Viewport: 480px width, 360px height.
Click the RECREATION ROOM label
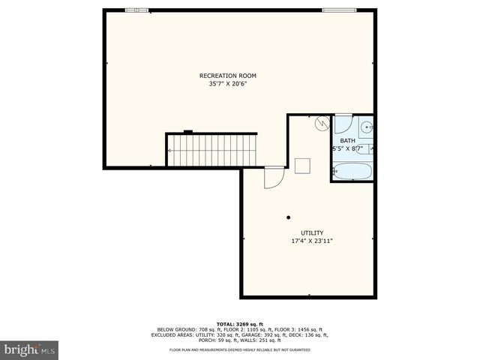tap(228, 76)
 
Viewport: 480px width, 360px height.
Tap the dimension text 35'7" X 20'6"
tap(228, 84)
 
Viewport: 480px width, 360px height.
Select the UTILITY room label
tap(312, 233)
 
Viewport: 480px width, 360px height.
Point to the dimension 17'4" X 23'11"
tap(312, 241)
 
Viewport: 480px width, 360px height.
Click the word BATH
tap(348, 141)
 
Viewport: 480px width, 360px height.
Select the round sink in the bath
tap(367, 127)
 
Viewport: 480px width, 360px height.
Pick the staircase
tap(211, 150)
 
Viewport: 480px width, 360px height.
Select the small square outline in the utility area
tap(303, 166)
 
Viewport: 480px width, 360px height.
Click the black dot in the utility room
tap(288, 217)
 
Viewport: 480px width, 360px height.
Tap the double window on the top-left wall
tap(136, 10)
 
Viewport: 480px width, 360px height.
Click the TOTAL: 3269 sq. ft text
tap(239, 324)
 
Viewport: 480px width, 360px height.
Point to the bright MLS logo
tap(29, 349)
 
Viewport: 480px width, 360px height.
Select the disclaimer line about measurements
tap(239, 349)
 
